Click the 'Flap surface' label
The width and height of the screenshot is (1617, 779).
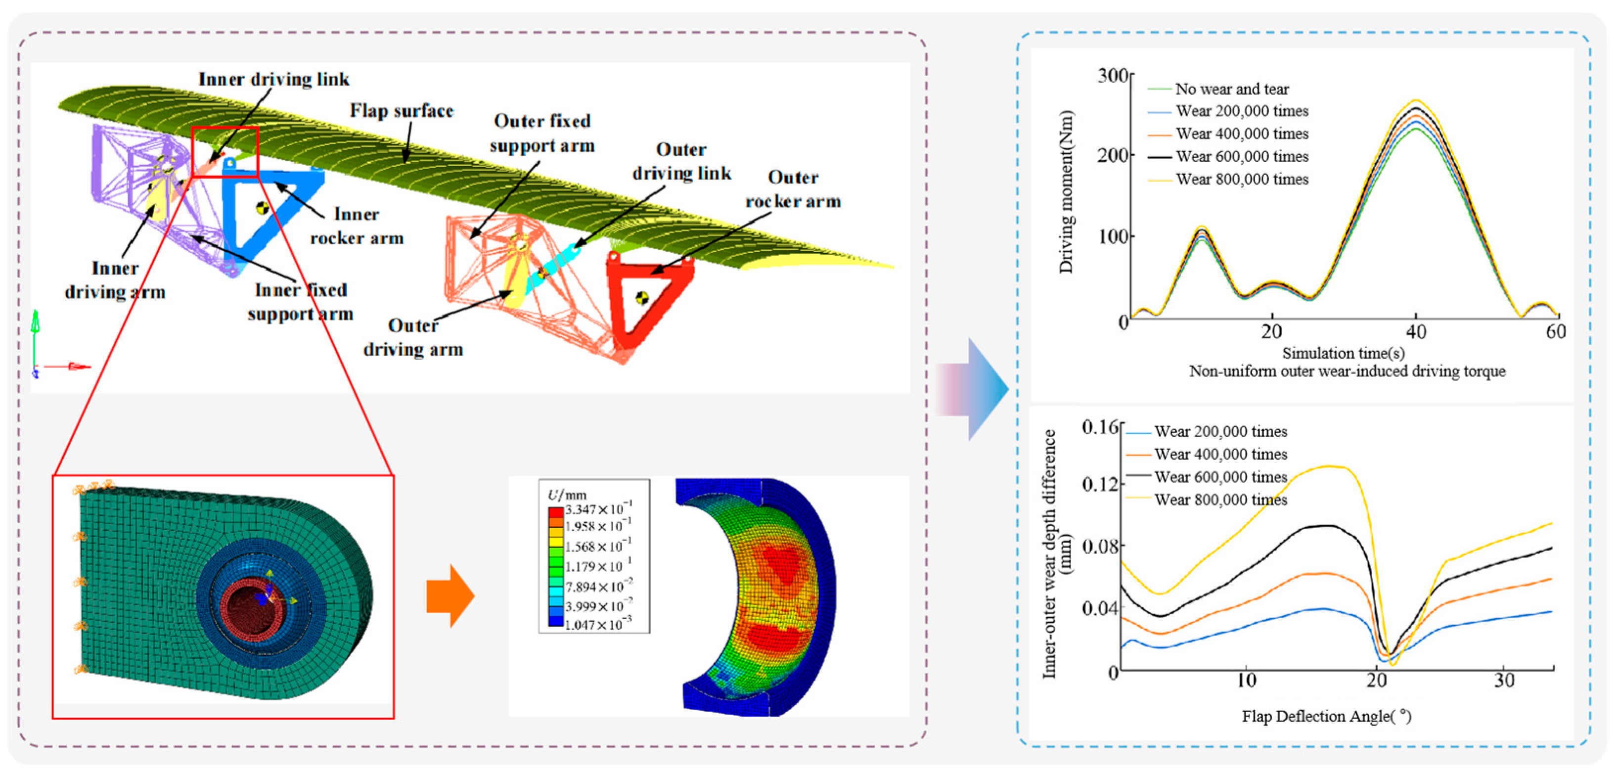coord(402,111)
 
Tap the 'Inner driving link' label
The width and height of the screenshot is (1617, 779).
coord(273,79)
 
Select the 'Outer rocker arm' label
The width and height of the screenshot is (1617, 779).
coord(793,189)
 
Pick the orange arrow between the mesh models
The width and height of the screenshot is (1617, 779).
coord(449,596)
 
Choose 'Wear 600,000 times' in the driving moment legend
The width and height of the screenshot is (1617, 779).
coord(1242,156)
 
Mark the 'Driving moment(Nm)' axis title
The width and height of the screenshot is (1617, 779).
coord(1066,191)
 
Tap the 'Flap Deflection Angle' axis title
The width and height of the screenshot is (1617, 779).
coord(1326,716)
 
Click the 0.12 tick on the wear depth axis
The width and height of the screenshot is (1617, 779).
coord(1100,485)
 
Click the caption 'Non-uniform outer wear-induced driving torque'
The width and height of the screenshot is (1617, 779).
coord(1347,371)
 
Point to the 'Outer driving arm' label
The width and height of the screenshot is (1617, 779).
coord(413,337)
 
